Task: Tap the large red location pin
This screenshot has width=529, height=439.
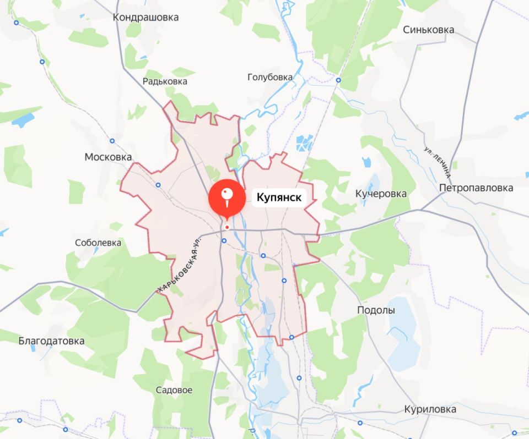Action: [227, 198]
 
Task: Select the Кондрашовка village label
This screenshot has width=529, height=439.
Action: [145, 17]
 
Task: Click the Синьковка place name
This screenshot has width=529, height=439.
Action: [428, 30]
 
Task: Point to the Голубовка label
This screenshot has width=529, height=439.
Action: [270, 77]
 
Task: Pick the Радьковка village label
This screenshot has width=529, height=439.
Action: [165, 81]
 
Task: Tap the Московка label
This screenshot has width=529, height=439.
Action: [108, 157]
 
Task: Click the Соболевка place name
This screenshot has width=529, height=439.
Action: [98, 242]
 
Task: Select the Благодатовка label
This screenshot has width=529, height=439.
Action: [52, 341]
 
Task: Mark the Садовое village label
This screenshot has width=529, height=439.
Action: [174, 390]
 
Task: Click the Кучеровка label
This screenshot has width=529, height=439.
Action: [381, 194]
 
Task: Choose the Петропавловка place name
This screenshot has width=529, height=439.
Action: [476, 188]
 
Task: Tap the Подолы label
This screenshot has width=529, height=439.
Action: [376, 310]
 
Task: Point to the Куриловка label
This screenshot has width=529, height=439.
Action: [430, 410]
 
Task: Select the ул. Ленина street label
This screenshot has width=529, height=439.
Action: [439, 162]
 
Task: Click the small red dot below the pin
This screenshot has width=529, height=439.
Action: [226, 227]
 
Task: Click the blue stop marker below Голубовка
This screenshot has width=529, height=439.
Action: [338, 80]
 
